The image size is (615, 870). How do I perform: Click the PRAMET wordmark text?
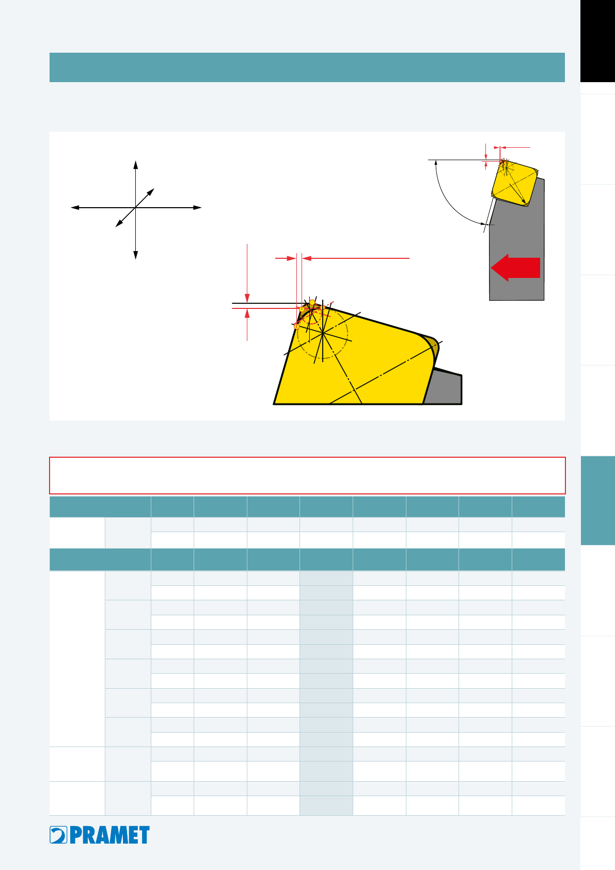[x=110, y=835]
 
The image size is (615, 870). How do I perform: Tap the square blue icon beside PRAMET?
[x=58, y=835]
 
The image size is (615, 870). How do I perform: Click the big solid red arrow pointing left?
[x=515, y=268]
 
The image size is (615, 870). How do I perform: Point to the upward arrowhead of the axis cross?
[x=135, y=165]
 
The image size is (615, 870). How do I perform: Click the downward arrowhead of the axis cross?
[x=135, y=255]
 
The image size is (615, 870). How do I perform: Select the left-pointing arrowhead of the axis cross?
[x=75, y=208]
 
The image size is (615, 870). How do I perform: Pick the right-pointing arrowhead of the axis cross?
[x=197, y=208]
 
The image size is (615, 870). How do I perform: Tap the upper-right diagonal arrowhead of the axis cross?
[x=151, y=192]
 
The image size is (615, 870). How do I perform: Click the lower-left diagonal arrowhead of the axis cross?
[x=119, y=224]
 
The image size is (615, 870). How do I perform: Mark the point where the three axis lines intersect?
[x=135, y=208]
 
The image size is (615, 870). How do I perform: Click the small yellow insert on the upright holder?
[x=515, y=182]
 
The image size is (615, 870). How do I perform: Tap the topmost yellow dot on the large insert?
[x=312, y=302]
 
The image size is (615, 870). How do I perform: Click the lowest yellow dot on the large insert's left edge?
[x=296, y=327]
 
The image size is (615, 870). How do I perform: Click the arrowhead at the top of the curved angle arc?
[x=436, y=163]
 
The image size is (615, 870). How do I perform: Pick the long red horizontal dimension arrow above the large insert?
[x=356, y=258]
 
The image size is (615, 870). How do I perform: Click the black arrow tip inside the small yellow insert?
[x=524, y=201]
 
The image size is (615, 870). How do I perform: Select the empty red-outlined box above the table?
[x=307, y=475]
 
